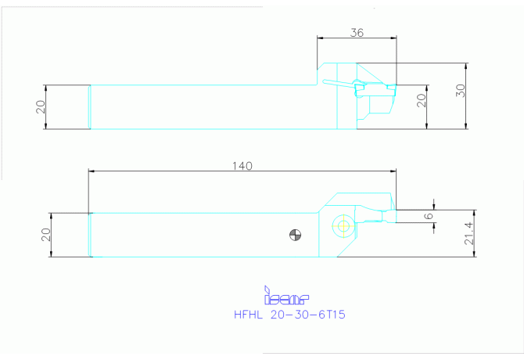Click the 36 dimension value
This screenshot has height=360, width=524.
point(357,33)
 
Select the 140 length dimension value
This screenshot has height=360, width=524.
point(242,166)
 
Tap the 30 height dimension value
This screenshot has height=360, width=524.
point(460,91)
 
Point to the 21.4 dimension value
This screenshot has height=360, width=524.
point(469,233)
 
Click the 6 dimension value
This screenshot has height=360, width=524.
point(429,216)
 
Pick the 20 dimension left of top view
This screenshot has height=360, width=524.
point(41,107)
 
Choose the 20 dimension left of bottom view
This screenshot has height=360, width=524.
point(46,235)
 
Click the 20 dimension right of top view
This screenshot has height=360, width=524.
point(421,100)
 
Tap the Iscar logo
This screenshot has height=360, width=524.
point(286,296)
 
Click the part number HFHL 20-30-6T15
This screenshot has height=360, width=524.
point(289,315)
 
